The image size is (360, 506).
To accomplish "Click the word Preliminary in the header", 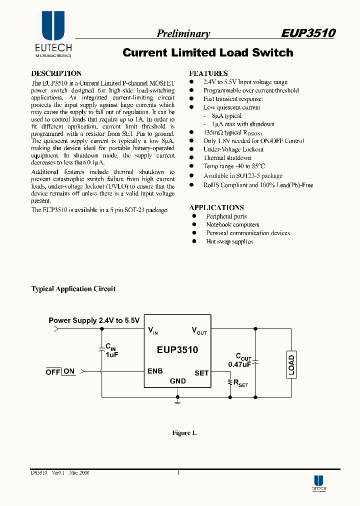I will (x=183, y=33).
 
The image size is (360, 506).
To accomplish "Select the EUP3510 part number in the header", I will (x=307, y=33).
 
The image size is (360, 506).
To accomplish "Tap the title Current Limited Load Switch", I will (x=207, y=52).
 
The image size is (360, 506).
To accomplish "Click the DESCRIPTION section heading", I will (x=56, y=73).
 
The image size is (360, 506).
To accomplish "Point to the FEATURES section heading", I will (x=208, y=73).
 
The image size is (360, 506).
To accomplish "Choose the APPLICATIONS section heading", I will (x=216, y=207).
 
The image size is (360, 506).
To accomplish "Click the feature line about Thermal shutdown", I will (x=227, y=158).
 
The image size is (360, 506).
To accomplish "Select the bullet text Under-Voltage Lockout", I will (x=233, y=149).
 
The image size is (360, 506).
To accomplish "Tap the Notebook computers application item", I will (x=232, y=224).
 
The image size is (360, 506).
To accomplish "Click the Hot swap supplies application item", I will (x=229, y=241).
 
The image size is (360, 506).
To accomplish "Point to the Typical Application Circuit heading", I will (x=73, y=289).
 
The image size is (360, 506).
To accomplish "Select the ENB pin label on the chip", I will (x=155, y=371).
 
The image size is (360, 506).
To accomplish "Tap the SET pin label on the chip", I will (x=201, y=373).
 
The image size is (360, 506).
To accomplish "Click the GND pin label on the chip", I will (x=177, y=381).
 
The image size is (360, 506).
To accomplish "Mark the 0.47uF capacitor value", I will (x=239, y=364).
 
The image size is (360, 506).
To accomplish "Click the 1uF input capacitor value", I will (x=111, y=354).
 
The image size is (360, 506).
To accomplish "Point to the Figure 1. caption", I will (x=184, y=433).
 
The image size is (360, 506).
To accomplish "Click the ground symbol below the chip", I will (x=177, y=400).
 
